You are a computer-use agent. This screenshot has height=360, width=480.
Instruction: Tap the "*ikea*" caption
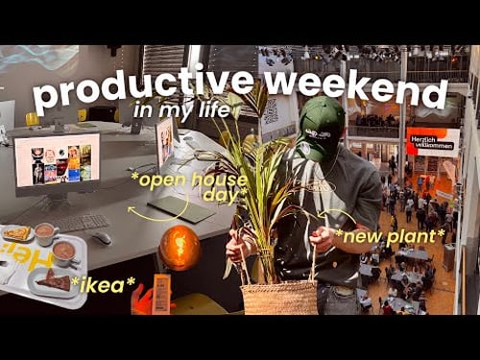tap(102, 283)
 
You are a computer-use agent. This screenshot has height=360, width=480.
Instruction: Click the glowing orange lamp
tap(180, 248)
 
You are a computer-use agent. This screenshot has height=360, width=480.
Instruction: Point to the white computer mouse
tap(100, 238)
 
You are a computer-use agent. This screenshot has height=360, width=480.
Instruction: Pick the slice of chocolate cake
tap(53, 280)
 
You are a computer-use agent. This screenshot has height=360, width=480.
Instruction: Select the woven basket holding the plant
tap(279, 297)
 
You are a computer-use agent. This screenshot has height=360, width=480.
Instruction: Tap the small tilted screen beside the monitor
tap(165, 143)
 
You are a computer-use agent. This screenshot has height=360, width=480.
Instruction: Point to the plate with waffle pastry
tap(17, 233)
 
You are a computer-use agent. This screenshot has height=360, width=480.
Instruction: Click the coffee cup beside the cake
tap(65, 252)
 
